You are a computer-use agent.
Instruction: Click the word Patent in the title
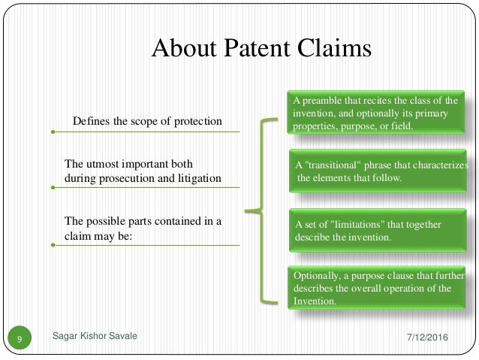pyautogui.click(x=252, y=50)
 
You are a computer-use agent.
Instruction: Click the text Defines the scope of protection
pyautogui.click(x=147, y=122)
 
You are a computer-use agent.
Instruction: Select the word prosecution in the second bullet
pyautogui.click(x=138, y=178)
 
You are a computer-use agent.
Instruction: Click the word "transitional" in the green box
pyautogui.click(x=333, y=165)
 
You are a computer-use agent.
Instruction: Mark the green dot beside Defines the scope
pyautogui.click(x=53, y=132)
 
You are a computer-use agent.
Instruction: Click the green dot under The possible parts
pyautogui.click(x=53, y=245)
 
